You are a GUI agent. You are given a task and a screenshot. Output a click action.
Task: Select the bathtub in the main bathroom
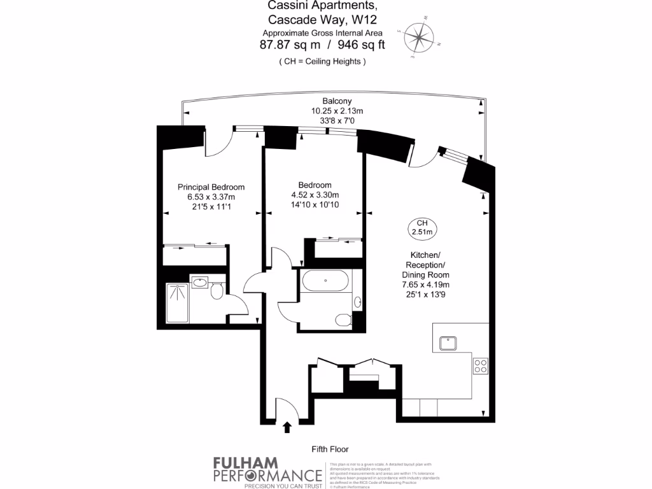point(325,280)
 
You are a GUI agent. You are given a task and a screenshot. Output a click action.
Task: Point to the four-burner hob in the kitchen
point(480,366)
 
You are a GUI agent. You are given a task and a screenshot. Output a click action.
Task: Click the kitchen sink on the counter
point(450,343)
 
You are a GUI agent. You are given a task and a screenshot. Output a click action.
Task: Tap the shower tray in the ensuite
point(178,304)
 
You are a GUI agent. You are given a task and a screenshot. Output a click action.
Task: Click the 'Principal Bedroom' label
point(211,187)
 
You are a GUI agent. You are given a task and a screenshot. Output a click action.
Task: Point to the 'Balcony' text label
point(337,101)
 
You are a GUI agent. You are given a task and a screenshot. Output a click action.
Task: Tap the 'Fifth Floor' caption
point(330,449)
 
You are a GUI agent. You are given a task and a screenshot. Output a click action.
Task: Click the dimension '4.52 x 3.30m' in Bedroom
point(315,195)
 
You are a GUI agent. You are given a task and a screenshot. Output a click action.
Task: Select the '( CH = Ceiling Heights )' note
point(322,62)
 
